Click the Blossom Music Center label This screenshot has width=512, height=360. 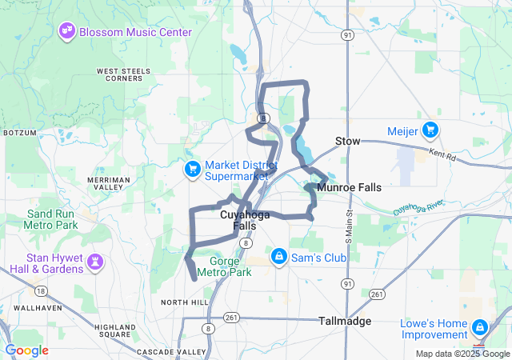(135, 32)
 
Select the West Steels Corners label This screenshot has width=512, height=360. (124, 74)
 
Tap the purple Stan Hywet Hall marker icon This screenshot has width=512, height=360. (95, 262)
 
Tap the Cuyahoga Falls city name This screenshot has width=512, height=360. (245, 221)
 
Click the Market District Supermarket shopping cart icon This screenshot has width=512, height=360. (192, 169)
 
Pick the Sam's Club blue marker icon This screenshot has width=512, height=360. (279, 257)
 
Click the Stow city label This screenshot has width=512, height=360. (347, 141)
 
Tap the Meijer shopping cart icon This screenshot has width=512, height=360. (430, 129)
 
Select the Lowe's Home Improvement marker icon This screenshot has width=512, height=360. (479, 327)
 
